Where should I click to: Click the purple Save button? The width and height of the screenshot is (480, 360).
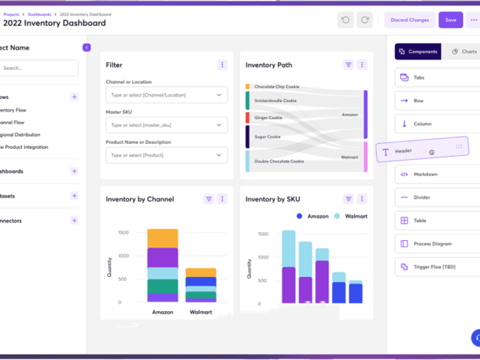451,20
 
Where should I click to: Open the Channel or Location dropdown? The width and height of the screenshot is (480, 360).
167,95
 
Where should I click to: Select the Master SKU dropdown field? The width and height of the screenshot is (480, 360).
167,125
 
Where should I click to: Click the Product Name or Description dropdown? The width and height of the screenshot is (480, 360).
167,155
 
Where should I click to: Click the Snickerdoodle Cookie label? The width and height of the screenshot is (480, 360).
275,101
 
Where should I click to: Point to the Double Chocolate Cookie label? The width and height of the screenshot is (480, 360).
279,161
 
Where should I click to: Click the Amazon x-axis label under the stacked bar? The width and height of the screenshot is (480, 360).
163,312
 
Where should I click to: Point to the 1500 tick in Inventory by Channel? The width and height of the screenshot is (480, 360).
123,232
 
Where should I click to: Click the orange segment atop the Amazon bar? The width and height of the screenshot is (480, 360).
163,238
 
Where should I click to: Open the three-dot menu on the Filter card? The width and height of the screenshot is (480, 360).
223,65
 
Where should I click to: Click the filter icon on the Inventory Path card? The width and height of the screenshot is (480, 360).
349,65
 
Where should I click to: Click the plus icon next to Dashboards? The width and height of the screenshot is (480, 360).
74,171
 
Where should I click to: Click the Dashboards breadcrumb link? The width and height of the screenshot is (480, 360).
40,14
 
